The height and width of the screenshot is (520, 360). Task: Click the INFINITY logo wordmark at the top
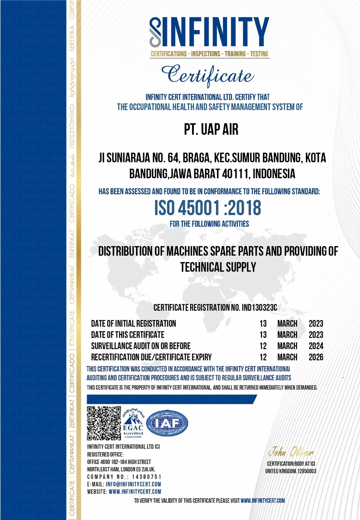pyautogui.click(x=210, y=32)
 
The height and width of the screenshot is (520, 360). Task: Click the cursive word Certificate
pyautogui.click(x=207, y=75)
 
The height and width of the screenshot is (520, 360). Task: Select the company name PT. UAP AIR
pyautogui.click(x=211, y=129)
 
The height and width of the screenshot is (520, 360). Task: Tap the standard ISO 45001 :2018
pyautogui.click(x=208, y=208)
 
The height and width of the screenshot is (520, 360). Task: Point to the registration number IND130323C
pyautogui.click(x=259, y=308)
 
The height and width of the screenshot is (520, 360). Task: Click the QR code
pyautogui.click(x=104, y=423)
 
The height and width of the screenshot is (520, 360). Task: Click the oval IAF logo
pyautogui.click(x=167, y=423)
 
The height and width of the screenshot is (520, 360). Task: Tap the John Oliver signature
pyautogui.click(x=291, y=452)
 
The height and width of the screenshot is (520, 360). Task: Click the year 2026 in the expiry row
pyautogui.click(x=316, y=357)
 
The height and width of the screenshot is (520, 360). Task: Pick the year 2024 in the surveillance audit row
pyautogui.click(x=316, y=346)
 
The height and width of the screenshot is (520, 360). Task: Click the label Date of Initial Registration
pyautogui.click(x=134, y=323)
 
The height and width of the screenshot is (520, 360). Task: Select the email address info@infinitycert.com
pyautogui.click(x=133, y=484)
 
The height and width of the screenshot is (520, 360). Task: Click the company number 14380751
pyautogui.click(x=147, y=477)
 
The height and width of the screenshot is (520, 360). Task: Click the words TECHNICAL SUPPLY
pyautogui.click(x=218, y=267)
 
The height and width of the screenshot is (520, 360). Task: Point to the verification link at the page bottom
pyautogui.click(x=263, y=500)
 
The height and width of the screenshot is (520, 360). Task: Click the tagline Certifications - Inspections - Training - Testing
pyautogui.click(x=209, y=54)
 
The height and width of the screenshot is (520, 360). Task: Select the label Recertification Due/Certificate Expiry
pyautogui.click(x=151, y=357)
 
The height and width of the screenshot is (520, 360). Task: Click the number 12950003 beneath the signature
pyautogui.click(x=307, y=471)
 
